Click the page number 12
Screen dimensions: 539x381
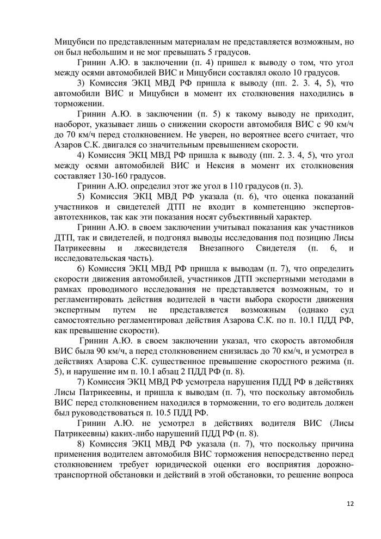click(x=350, y=503)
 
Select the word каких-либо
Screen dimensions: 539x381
click(x=131, y=433)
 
